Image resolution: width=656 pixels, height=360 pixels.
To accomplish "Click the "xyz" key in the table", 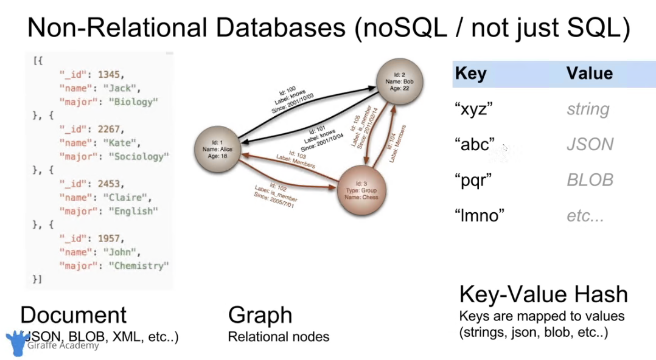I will (x=473, y=109).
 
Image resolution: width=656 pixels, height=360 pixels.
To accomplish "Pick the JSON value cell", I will (x=590, y=145).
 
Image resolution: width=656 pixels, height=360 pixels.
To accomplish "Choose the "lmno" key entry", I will (x=480, y=215).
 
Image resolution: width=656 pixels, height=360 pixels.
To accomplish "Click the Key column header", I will (x=471, y=74).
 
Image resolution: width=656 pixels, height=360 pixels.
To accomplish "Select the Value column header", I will (x=589, y=74).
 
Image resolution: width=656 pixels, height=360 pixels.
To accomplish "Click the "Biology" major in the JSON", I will (x=134, y=102).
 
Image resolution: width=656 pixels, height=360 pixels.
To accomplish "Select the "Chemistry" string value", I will (x=139, y=265).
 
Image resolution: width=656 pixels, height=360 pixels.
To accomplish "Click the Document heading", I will (x=73, y=315).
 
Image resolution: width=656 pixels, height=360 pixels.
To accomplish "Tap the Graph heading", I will (x=260, y=315).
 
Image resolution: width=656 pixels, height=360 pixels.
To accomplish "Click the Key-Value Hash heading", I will (x=543, y=294).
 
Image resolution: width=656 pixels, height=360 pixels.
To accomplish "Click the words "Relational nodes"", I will (x=278, y=336).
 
